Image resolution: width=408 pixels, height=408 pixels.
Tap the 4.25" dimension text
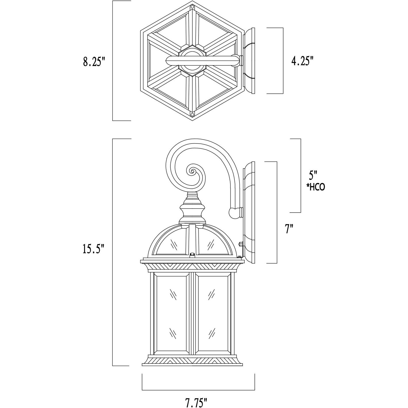(302, 61)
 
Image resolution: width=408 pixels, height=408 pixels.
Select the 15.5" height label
(93, 249)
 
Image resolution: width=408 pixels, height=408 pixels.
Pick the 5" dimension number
(313, 175)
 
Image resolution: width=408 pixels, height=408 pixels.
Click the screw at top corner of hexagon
(192, 8)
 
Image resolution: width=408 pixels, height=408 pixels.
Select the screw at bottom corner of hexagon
(192, 114)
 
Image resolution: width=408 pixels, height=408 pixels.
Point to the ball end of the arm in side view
(234, 212)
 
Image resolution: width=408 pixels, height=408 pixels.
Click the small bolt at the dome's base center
(192, 254)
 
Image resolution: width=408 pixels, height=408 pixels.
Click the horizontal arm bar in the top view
(203, 61)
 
